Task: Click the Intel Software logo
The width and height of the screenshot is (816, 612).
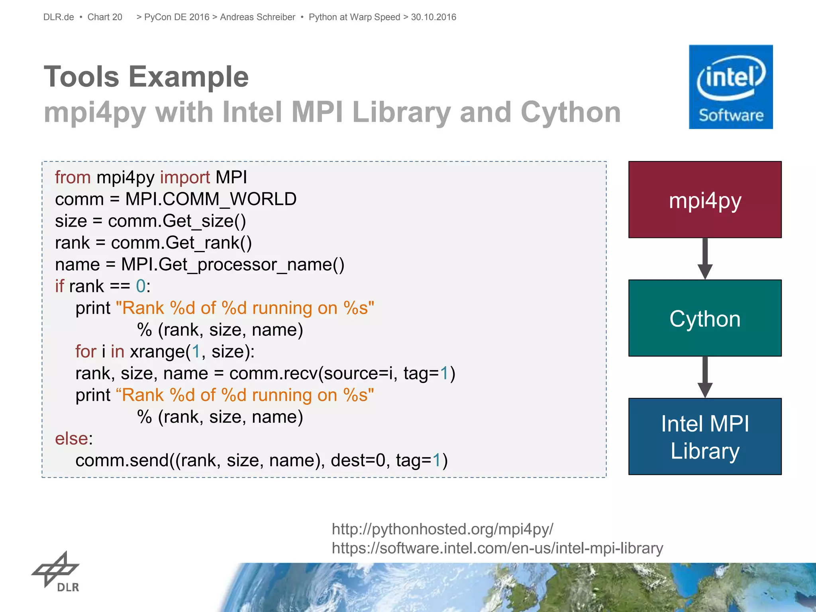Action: pyautogui.click(x=730, y=87)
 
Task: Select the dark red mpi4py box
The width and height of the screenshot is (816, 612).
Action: pyautogui.click(x=704, y=200)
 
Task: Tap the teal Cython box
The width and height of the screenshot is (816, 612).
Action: pyautogui.click(x=704, y=318)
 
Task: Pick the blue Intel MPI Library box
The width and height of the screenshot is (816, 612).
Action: pyautogui.click(x=704, y=436)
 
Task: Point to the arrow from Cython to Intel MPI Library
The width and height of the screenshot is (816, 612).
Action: pyautogui.click(x=704, y=377)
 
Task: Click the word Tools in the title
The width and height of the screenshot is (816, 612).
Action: pyautogui.click(x=81, y=76)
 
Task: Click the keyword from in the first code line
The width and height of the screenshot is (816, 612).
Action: pyautogui.click(x=73, y=177)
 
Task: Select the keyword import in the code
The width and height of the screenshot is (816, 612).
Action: pyautogui.click(x=185, y=177)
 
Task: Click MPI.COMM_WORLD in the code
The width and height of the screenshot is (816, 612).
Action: pyautogui.click(x=211, y=199)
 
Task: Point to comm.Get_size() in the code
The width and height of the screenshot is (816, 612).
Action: pyautogui.click(x=177, y=221)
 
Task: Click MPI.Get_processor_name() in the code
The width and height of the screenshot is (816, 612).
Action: pyautogui.click(x=233, y=265)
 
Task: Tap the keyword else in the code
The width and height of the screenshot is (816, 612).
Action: pyautogui.click(x=71, y=439)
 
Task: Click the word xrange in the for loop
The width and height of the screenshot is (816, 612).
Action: pyautogui.click(x=157, y=352)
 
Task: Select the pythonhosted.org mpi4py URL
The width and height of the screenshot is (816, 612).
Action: pyautogui.click(x=442, y=529)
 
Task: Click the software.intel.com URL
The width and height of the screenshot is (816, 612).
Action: pyautogui.click(x=497, y=548)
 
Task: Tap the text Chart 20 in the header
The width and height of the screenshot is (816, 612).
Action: pyautogui.click(x=105, y=17)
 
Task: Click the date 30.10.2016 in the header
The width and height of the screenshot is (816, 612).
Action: pyautogui.click(x=433, y=17)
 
